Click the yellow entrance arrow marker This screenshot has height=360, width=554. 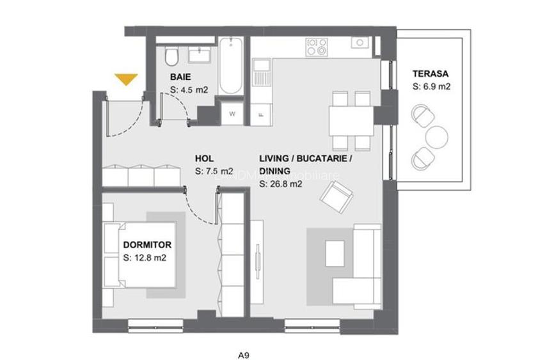[126, 79]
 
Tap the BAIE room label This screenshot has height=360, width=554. [181, 78]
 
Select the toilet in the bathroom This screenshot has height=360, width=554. [171, 58]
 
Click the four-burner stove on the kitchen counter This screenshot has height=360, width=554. [317, 46]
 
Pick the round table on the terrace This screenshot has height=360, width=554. [438, 136]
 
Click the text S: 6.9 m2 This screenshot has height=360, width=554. [432, 87]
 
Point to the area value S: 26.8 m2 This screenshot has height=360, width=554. [281, 185]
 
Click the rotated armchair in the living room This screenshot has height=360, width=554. [336, 197]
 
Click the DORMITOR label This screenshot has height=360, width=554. [147, 245]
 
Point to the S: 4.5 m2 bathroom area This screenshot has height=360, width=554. [189, 90]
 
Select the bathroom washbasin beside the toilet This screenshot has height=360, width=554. [199, 54]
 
